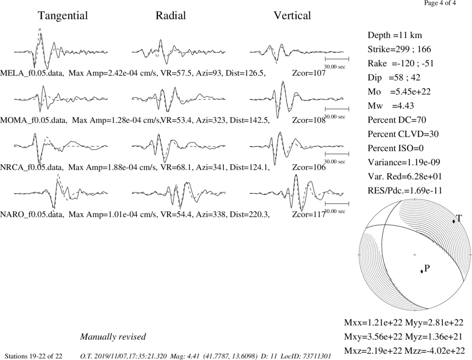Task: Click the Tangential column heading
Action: (x=63, y=16)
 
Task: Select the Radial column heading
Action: (x=171, y=16)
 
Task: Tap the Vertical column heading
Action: (x=292, y=16)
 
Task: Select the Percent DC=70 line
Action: (x=397, y=120)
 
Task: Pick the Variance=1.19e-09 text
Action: (x=404, y=162)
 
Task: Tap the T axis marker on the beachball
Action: (x=454, y=221)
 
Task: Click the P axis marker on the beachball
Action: (x=421, y=271)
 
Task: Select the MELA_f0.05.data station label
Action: (x=32, y=73)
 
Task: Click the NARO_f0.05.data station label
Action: (x=32, y=215)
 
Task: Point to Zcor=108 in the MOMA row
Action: (x=309, y=120)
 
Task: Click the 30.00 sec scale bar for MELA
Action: (x=337, y=59)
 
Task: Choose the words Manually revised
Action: (x=113, y=336)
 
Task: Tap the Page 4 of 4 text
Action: (x=440, y=3)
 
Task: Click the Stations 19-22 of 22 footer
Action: (x=34, y=356)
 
